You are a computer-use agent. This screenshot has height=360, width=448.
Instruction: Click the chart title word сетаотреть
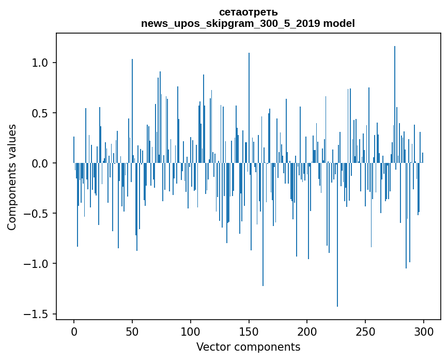pyautogui.click(x=248, y=12)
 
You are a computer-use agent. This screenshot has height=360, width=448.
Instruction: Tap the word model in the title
pyautogui.click(x=339, y=23)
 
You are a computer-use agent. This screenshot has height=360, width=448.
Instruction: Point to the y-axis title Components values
pyautogui.click(x=12, y=176)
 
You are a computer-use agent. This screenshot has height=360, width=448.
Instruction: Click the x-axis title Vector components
pyautogui.click(x=248, y=347)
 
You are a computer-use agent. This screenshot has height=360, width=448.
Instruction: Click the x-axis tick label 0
pyautogui.click(x=74, y=331)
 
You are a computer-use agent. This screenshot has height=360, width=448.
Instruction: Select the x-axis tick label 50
pyautogui.click(x=132, y=331)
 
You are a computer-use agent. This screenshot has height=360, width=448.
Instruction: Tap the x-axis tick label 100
pyautogui.click(x=191, y=331)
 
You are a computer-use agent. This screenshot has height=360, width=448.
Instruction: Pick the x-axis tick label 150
pyautogui.click(x=249, y=331)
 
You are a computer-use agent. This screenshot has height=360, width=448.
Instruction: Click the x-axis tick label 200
pyautogui.click(x=307, y=331)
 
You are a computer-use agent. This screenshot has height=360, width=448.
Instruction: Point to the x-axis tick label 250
pyautogui.click(x=366, y=331)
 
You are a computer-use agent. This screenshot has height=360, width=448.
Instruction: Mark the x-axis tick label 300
pyautogui.click(x=424, y=331)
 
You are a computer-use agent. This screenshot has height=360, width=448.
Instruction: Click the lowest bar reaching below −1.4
pyautogui.click(x=337, y=259)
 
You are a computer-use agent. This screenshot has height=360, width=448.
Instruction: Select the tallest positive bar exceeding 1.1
pyautogui.click(x=395, y=103)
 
